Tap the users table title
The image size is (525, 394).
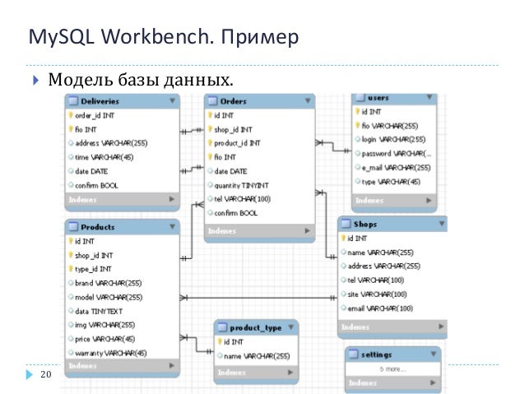378,98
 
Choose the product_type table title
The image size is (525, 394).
255,327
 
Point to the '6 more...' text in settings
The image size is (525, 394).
392,369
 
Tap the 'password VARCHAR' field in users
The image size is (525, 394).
397,153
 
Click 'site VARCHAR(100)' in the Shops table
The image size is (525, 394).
377,294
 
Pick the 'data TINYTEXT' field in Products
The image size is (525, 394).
102,311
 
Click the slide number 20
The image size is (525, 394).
45,375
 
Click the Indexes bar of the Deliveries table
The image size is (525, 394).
122,199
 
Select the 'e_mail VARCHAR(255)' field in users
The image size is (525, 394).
396,167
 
